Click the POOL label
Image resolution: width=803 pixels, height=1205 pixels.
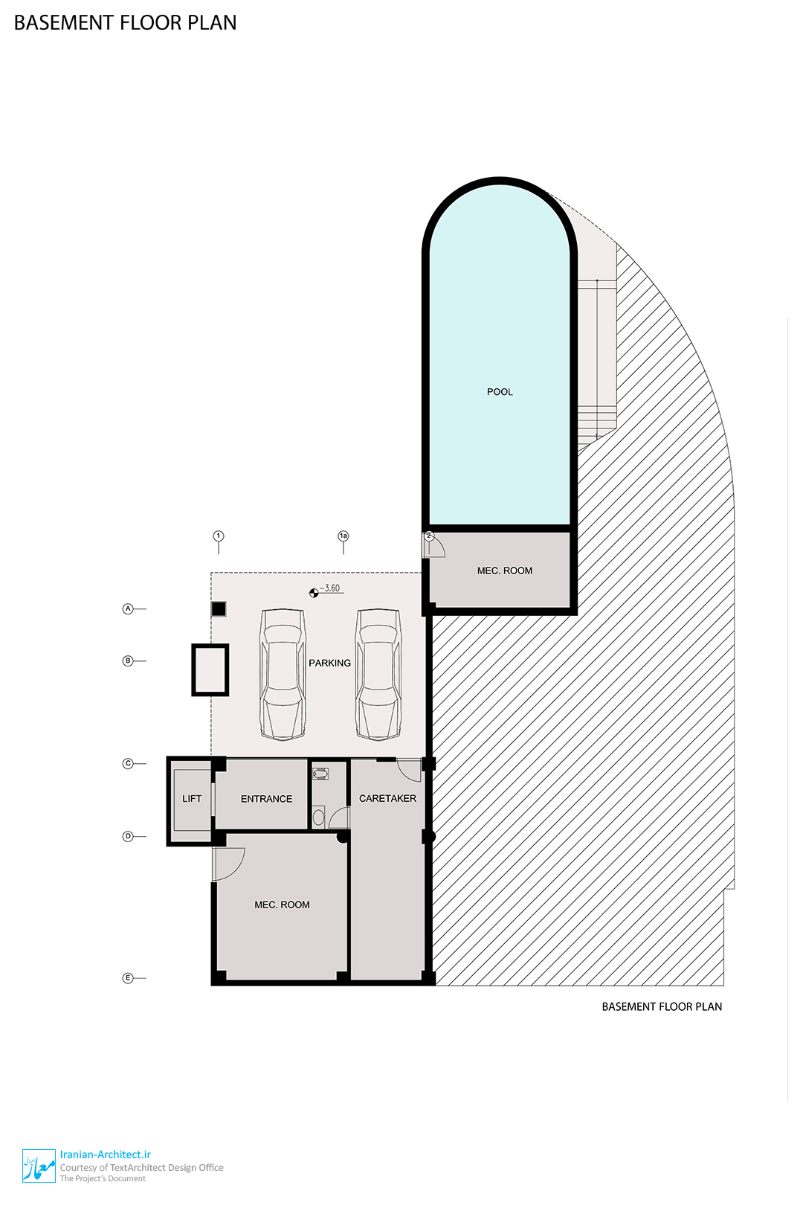pyautogui.click(x=500, y=392)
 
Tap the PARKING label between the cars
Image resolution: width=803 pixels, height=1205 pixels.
pyautogui.click(x=329, y=663)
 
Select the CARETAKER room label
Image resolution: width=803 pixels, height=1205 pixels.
pyautogui.click(x=388, y=799)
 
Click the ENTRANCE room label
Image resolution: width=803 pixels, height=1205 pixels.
pyautogui.click(x=267, y=800)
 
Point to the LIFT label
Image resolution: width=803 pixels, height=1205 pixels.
pyautogui.click(x=192, y=799)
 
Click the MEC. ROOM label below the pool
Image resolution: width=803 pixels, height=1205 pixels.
pyautogui.click(x=505, y=571)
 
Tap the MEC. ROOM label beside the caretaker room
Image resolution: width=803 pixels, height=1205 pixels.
pyautogui.click(x=283, y=904)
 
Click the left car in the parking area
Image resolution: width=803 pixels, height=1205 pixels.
pyautogui.click(x=283, y=675)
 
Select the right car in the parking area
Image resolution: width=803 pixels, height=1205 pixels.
pyautogui.click(x=378, y=675)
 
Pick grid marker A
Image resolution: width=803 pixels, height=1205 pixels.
pyautogui.click(x=128, y=609)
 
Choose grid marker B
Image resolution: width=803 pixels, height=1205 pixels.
pyautogui.click(x=128, y=661)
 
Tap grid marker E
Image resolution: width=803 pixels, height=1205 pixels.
pyautogui.click(x=128, y=978)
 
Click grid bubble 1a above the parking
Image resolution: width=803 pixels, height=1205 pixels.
pyautogui.click(x=344, y=536)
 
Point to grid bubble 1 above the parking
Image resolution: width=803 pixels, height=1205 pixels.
pyautogui.click(x=219, y=536)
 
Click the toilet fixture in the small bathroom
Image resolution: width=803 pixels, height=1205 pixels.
pyautogui.click(x=320, y=774)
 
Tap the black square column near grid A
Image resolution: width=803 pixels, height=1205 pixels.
pyautogui.click(x=219, y=609)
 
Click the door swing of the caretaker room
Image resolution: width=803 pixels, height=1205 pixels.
pyautogui.click(x=409, y=770)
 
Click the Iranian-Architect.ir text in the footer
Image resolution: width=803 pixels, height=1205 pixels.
pyautogui.click(x=106, y=1154)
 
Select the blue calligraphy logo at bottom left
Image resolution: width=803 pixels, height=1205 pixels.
pyautogui.click(x=39, y=1166)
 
